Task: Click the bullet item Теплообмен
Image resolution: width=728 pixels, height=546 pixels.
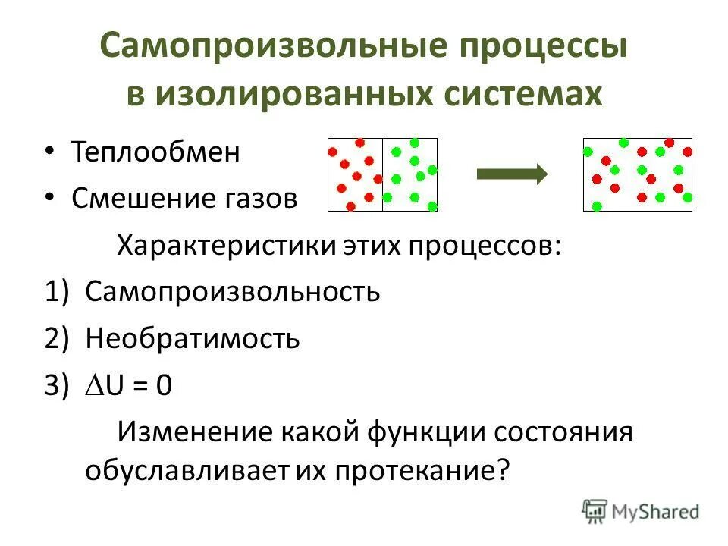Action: coord(155,152)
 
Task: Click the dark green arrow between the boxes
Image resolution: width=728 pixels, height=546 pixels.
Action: coord(512,174)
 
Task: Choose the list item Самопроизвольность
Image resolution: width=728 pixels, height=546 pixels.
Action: coord(233,292)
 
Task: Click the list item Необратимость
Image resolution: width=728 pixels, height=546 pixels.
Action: coord(193,338)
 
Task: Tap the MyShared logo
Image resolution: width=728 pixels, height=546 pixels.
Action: coord(642,511)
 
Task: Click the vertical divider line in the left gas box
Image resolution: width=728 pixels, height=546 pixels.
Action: coord(382,174)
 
